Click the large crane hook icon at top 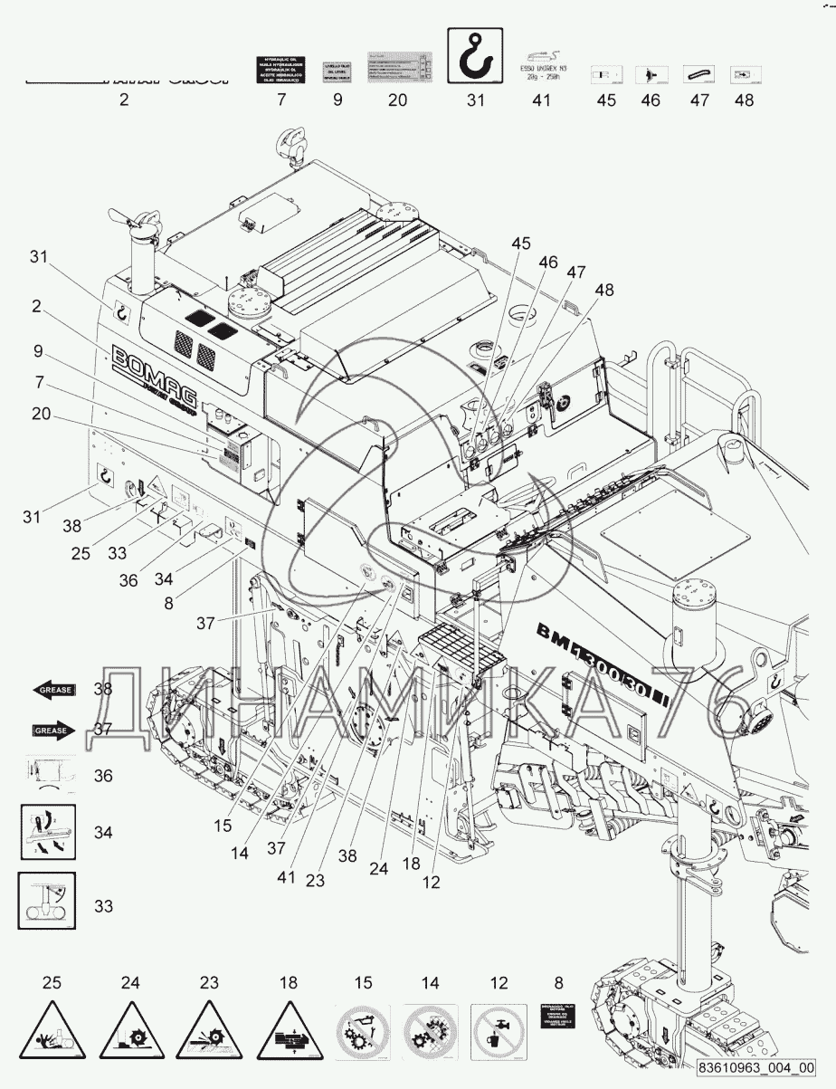click(x=475, y=55)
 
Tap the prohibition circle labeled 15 click(x=363, y=1031)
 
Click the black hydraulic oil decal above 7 click(x=281, y=69)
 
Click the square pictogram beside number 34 click(x=47, y=832)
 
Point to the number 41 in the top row click(x=540, y=100)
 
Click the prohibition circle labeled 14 click(x=431, y=1031)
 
